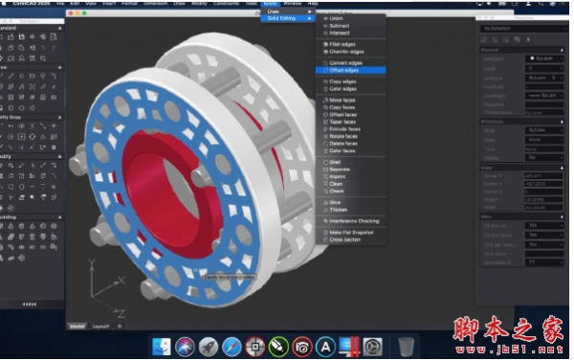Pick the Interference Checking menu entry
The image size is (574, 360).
pyautogui.click(x=353, y=221)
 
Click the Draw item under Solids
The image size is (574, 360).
pyautogui.click(x=274, y=11)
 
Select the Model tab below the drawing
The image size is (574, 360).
pyautogui.click(x=77, y=326)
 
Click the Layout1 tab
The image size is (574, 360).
pyautogui.click(x=99, y=326)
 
